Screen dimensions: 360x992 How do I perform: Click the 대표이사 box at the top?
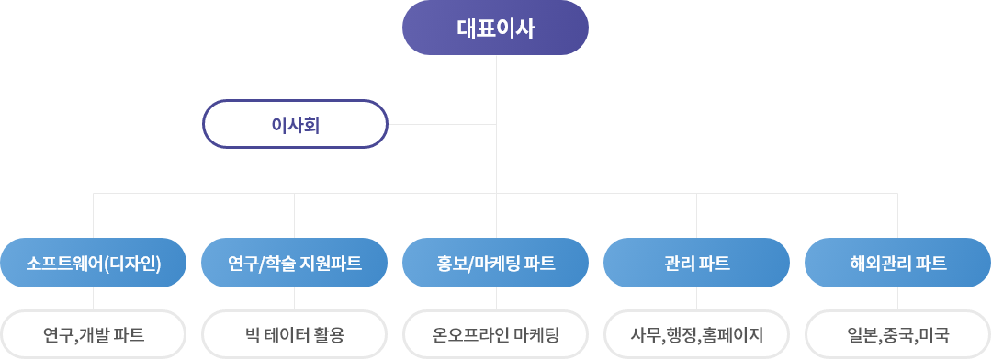(x=495, y=27)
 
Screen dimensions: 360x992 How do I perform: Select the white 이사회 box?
(x=295, y=124)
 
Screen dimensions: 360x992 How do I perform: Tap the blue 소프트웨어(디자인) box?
(x=93, y=264)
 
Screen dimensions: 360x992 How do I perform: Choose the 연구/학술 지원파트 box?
(x=294, y=264)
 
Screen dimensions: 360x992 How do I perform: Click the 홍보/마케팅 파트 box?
(x=496, y=264)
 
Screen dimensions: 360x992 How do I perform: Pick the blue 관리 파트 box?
(x=696, y=264)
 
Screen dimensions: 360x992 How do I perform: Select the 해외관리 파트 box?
(x=897, y=264)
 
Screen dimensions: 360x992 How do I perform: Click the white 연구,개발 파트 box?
(x=93, y=334)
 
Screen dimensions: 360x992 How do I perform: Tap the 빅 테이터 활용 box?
(x=294, y=334)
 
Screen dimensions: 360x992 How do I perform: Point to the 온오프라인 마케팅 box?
(x=496, y=334)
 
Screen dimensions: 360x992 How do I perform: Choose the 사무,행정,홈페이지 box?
(x=696, y=334)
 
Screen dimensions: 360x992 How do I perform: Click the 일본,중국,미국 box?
(x=897, y=334)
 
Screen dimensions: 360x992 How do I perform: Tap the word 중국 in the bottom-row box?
(x=897, y=334)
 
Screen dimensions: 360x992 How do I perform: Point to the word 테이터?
(x=289, y=334)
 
